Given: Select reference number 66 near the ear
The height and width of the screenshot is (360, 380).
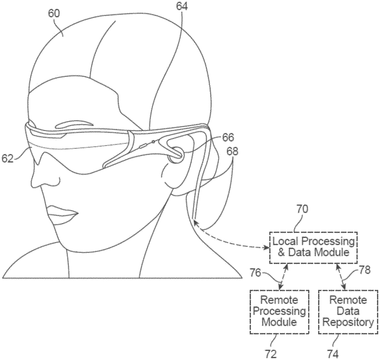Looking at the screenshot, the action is (x=228, y=138).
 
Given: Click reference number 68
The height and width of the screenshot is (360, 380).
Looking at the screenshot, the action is (x=232, y=151).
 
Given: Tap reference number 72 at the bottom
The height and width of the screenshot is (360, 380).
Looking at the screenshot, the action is (x=271, y=354).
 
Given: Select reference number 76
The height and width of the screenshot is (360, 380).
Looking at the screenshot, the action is (x=255, y=273).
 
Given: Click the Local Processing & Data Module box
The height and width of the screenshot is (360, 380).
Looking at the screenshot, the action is (x=314, y=248).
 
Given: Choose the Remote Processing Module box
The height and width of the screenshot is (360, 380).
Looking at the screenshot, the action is (x=279, y=311).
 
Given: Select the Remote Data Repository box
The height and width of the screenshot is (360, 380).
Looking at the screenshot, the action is (x=348, y=311).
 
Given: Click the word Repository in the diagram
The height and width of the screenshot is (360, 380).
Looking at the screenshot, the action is (x=348, y=323).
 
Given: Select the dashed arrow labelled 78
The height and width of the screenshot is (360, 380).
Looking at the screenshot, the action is (x=341, y=276).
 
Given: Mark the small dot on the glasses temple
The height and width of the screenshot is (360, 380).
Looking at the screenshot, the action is (x=153, y=141).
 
